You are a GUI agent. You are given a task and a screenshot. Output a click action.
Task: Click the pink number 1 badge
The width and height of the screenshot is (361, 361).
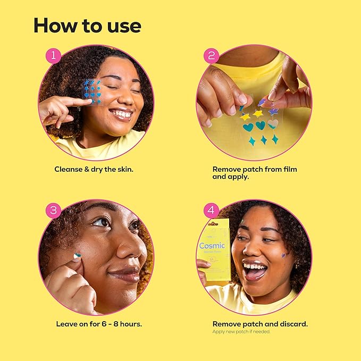[53, 55]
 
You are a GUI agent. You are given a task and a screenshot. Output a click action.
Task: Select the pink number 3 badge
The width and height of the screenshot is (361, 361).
[53, 210]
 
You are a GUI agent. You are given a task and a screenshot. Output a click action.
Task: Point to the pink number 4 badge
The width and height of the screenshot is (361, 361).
[212, 210]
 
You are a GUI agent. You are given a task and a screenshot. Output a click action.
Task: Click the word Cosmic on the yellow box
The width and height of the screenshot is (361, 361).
[212, 246]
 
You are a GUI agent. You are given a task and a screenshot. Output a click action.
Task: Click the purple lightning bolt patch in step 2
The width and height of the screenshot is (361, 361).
[263, 101]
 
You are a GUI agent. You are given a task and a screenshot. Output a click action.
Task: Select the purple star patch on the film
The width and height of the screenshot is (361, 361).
[273, 112]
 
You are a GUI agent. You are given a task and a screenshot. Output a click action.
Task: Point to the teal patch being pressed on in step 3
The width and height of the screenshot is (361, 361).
[78, 256]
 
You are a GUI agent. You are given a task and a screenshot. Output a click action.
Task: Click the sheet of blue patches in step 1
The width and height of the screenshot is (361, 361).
[92, 90]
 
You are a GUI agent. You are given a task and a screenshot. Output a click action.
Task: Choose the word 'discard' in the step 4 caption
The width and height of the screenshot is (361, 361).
[291, 324]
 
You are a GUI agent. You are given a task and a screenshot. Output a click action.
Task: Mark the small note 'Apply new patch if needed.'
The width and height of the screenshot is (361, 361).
[241, 332]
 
